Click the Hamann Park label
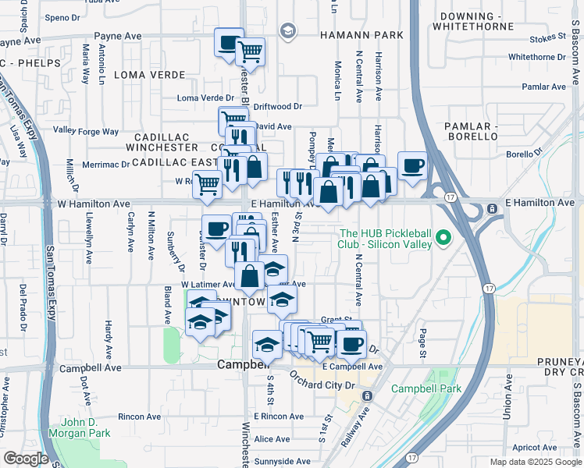361,35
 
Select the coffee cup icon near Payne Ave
229,43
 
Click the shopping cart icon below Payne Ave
250,52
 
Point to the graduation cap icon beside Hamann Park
288,31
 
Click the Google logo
26,459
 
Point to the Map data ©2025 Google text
534,462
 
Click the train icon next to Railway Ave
368,396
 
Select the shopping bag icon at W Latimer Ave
249,276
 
